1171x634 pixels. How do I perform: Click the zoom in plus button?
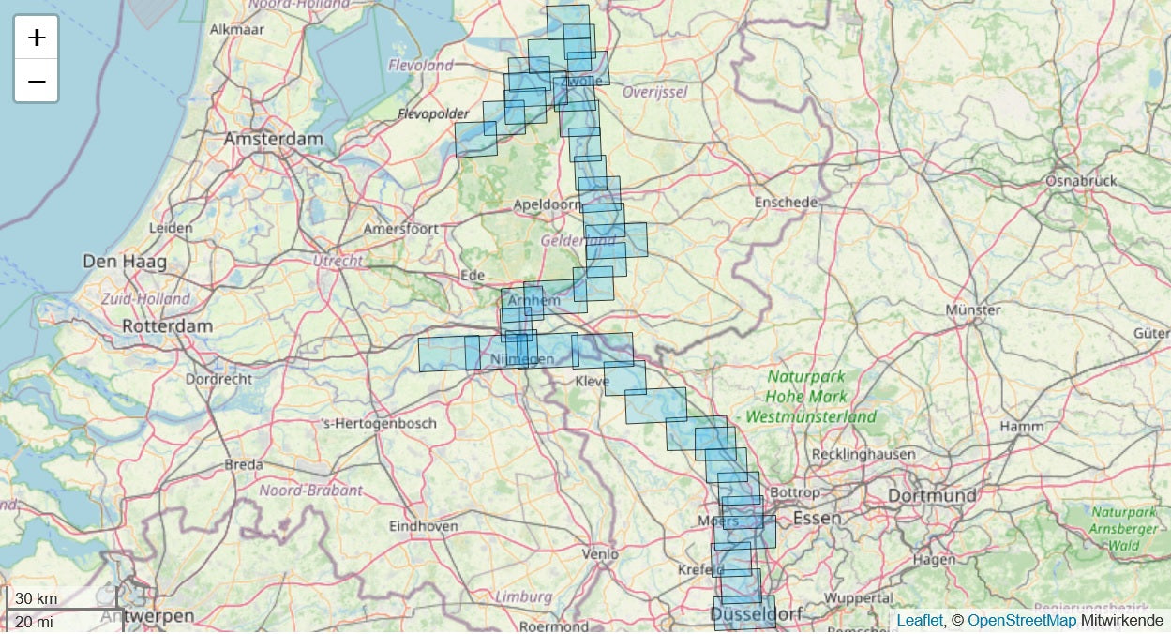[x=37, y=38]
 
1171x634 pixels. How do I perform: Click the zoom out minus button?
[x=37, y=82]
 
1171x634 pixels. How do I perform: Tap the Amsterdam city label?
[x=273, y=139]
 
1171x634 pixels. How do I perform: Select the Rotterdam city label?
[x=167, y=326]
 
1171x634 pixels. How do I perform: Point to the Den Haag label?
[x=125, y=262]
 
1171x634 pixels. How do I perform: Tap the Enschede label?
[x=786, y=203]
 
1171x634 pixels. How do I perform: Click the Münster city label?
[x=973, y=309]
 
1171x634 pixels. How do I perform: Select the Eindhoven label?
[x=424, y=526]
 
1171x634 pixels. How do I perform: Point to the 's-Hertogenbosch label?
[x=379, y=423]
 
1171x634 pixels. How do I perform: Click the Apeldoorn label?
[x=547, y=204]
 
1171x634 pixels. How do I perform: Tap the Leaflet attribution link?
[x=919, y=621]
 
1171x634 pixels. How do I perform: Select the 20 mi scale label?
[x=35, y=621]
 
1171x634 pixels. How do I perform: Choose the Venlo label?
[x=600, y=554]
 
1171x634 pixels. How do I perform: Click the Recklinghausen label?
[x=863, y=454]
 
